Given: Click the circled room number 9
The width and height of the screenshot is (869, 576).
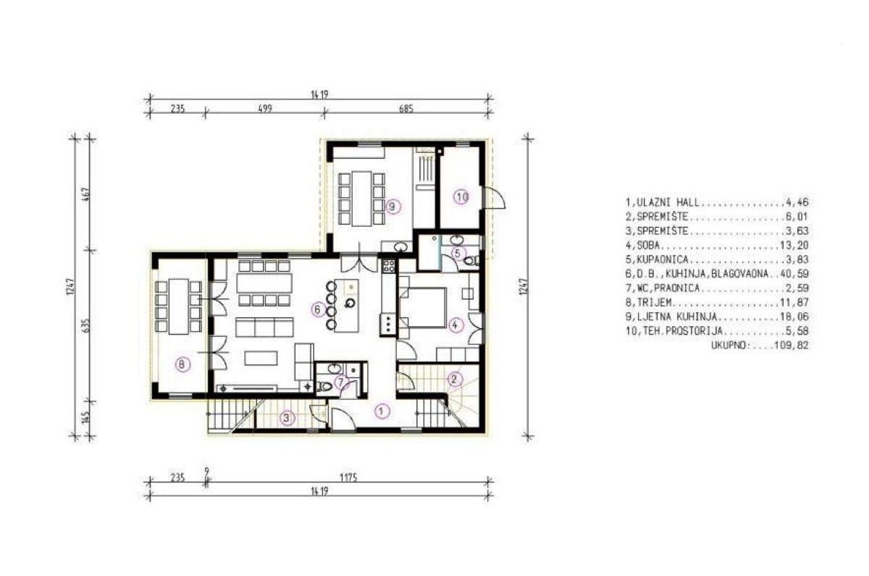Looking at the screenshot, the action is [393, 206].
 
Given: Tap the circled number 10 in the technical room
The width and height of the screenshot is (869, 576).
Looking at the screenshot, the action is [462, 197].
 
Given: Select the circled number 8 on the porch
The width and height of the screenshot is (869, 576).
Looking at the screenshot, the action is [182, 364].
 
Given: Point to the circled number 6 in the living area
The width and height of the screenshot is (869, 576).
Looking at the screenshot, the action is [319, 310].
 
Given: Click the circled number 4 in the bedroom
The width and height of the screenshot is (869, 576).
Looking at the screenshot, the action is [456, 325].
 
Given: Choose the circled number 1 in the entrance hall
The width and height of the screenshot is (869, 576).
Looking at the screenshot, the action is [382, 411].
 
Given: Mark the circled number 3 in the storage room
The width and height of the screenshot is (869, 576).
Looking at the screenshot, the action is [287, 418].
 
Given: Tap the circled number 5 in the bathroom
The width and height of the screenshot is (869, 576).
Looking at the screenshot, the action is [458, 254].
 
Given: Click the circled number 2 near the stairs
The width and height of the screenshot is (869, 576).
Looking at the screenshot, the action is [455, 379].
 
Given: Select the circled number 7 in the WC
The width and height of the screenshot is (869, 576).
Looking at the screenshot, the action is [340, 383].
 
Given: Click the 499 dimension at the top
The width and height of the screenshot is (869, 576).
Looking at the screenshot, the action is [265, 108].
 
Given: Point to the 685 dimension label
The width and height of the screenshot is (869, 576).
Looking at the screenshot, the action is [406, 108].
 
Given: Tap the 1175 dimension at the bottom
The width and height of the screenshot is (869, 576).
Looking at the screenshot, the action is [348, 477].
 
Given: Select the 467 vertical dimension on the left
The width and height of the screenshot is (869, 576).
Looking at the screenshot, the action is [86, 194].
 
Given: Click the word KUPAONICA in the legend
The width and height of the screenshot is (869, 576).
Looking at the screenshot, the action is [658, 259].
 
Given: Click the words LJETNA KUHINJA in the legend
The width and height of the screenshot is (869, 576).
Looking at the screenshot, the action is [676, 317].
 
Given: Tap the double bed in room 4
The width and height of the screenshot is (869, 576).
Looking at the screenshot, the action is [422, 307].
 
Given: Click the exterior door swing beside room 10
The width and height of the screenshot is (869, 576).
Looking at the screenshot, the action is [495, 198].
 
